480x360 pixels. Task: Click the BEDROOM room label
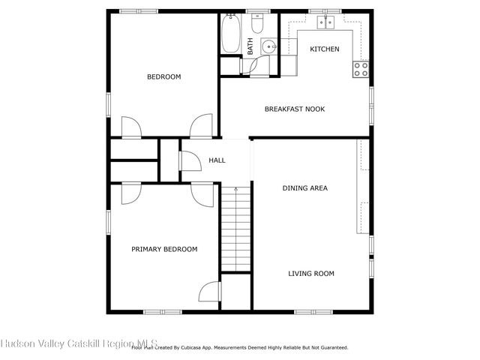(164, 76)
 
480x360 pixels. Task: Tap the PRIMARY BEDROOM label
(164, 249)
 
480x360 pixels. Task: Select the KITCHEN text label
(325, 49)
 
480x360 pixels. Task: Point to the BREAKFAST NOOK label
(295, 109)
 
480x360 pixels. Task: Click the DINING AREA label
(305, 188)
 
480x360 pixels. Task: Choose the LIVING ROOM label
(311, 273)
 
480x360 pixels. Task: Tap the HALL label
(217, 160)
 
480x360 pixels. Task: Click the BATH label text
(250, 46)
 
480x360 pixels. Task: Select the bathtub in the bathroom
(231, 33)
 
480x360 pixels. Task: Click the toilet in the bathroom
(257, 23)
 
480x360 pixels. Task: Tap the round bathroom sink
(269, 46)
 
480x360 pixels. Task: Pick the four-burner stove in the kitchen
(361, 69)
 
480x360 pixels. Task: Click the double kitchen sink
(325, 22)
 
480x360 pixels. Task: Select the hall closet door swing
(190, 160)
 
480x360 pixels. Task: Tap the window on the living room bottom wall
(313, 312)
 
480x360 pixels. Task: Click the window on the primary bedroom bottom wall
(163, 312)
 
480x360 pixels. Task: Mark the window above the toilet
(258, 11)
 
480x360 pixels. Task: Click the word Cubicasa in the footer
(191, 348)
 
